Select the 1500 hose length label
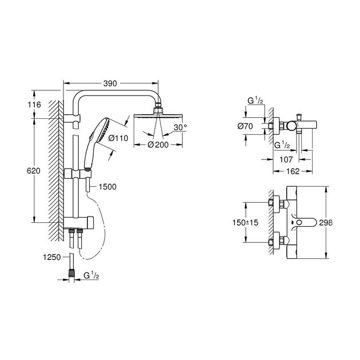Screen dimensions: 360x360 (107, 187)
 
